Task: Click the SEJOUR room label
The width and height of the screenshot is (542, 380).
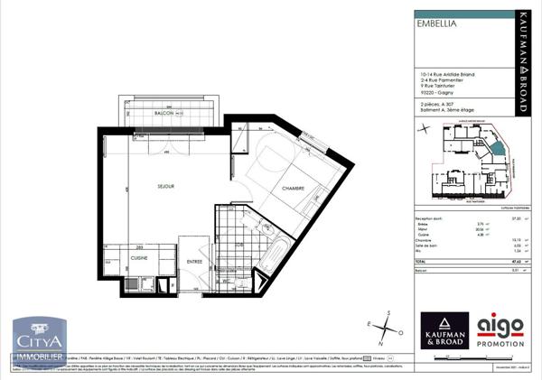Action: click(164, 186)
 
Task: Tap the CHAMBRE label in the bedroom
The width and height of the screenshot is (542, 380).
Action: click(294, 189)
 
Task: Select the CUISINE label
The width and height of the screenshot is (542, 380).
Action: click(139, 257)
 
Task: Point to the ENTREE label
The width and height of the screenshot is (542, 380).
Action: click(194, 263)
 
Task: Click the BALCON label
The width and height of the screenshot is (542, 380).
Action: click(164, 113)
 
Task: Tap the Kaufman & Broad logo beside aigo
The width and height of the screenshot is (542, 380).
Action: click(444, 331)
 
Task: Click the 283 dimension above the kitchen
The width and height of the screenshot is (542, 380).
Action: click(140, 246)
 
